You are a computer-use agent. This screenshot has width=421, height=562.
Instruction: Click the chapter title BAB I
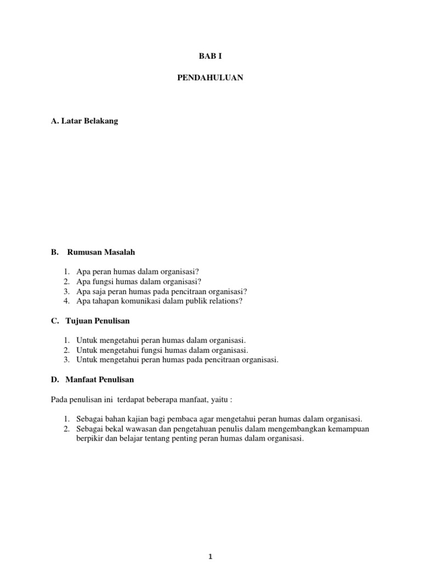[x=210, y=55]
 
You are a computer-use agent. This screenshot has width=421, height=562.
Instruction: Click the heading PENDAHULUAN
[x=210, y=78]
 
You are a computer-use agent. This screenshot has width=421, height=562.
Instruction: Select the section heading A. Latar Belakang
[x=84, y=121]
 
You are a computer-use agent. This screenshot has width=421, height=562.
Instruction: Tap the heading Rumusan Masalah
[x=101, y=252]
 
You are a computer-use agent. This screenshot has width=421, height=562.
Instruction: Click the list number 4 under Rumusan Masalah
[x=66, y=301]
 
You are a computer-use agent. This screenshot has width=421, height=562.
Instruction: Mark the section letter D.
[x=54, y=379]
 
